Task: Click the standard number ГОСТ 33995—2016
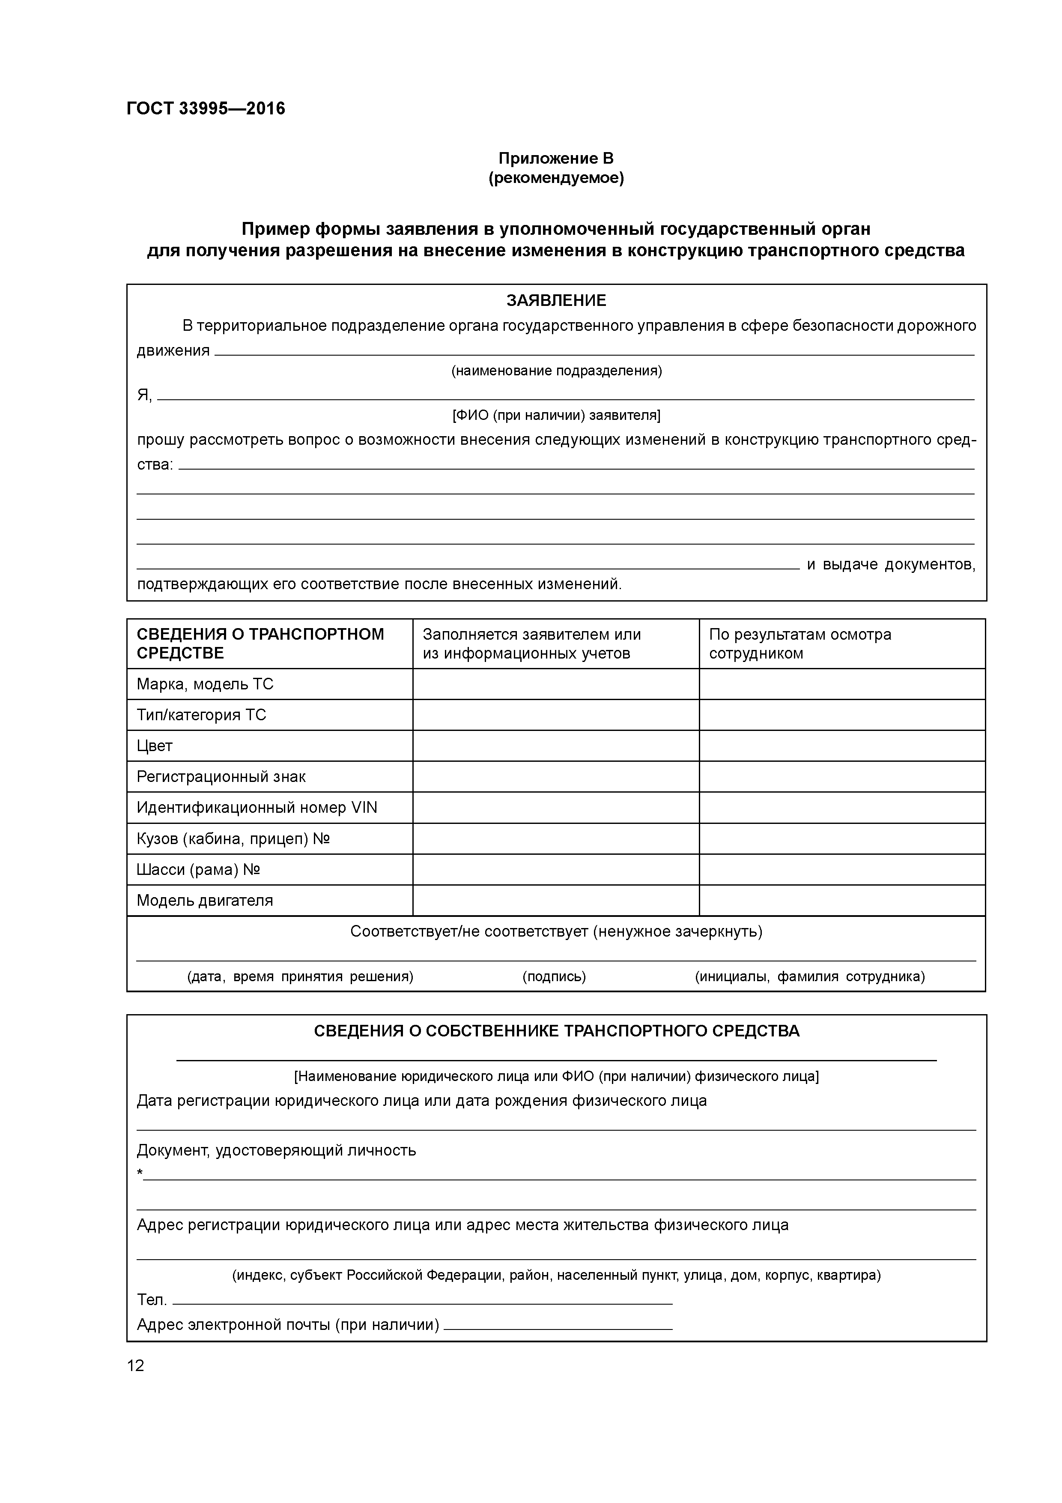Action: pyautogui.click(x=206, y=109)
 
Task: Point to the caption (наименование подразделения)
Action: pyautogui.click(x=556, y=371)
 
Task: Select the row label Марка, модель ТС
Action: pyautogui.click(x=205, y=684)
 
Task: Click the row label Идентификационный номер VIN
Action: pyautogui.click(x=257, y=808)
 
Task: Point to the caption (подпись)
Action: pyautogui.click(x=554, y=977)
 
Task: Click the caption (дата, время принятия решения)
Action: pyautogui.click(x=300, y=977)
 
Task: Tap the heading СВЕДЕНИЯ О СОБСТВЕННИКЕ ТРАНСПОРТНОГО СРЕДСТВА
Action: pyautogui.click(x=556, y=1031)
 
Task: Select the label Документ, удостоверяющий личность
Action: pyautogui.click(x=276, y=1150)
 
